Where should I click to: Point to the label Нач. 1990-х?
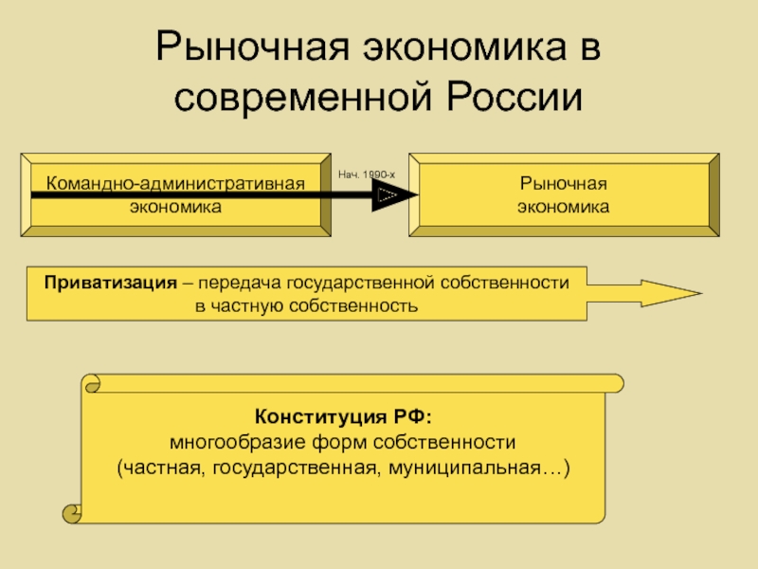coord(366,175)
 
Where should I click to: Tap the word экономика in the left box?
coord(176,205)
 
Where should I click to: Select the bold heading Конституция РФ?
coord(343,417)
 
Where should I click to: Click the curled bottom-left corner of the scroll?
coord(71,515)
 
